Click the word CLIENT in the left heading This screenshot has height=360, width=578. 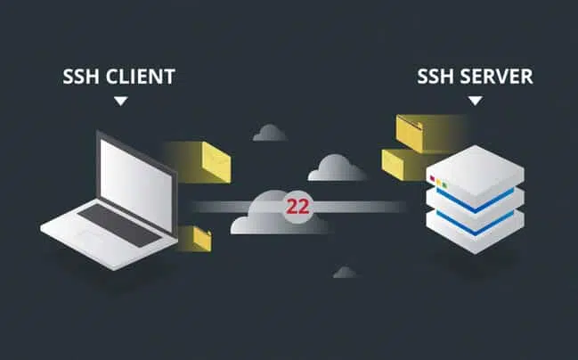point(141,77)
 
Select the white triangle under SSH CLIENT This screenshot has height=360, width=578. point(120,101)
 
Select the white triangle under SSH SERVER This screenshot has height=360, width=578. point(476,101)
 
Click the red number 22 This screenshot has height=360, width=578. point(297,207)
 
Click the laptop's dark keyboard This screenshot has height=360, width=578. point(119,225)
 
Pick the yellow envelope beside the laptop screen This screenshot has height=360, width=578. point(216,163)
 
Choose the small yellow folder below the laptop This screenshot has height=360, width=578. point(202,239)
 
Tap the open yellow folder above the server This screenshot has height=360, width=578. point(410,133)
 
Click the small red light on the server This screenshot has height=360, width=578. point(432,178)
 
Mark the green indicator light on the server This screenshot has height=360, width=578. point(445,184)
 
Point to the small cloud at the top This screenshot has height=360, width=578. point(270,133)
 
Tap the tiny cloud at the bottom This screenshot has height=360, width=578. point(345,272)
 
